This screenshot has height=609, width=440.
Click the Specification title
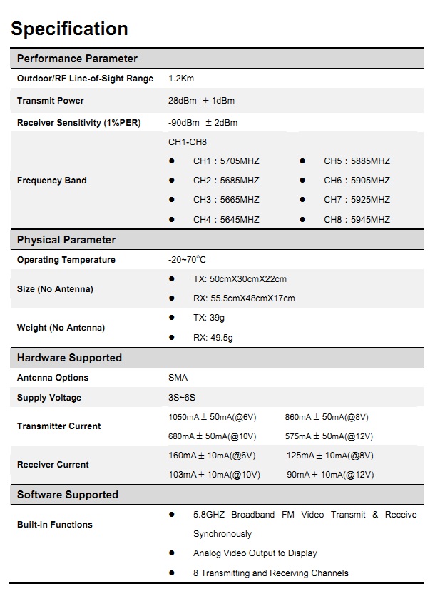(69, 29)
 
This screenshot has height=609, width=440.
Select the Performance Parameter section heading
(77, 59)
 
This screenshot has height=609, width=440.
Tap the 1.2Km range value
(181, 79)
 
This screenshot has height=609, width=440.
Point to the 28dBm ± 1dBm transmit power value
(201, 101)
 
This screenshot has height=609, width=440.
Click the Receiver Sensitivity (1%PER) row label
(79, 123)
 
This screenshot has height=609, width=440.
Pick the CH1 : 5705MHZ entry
(226, 161)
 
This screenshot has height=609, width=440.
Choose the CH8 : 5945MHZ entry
(357, 220)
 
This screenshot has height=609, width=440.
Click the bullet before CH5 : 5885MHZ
(302, 161)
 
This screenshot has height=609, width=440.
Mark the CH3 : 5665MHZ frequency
(226, 200)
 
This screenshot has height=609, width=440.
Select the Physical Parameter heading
(66, 240)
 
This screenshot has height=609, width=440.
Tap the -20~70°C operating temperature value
(187, 260)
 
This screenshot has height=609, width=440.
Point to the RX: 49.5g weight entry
(213, 338)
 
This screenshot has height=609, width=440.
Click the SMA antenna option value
(178, 378)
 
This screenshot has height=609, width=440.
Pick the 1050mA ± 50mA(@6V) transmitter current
(212, 417)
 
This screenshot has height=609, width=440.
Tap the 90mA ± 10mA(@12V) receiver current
(330, 475)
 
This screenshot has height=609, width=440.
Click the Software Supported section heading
(68, 495)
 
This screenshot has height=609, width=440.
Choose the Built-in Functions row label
(55, 525)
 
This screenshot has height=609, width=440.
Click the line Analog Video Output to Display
(255, 553)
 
